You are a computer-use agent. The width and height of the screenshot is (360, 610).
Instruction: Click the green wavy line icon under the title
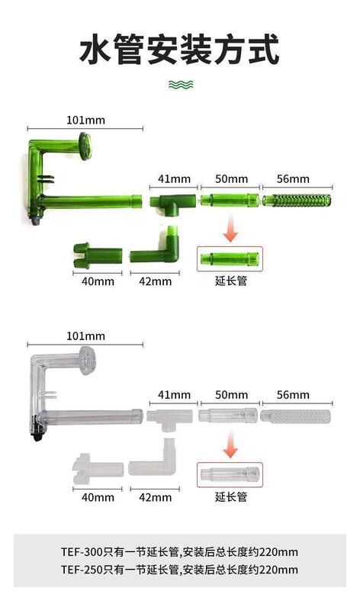[x=181, y=84]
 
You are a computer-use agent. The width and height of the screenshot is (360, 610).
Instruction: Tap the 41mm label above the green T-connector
[x=174, y=179]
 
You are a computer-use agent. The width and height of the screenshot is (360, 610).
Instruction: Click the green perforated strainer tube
[x=297, y=201]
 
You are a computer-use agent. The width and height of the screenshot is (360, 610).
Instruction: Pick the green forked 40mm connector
[x=98, y=255]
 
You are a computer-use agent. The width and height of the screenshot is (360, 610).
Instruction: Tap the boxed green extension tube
[x=230, y=258]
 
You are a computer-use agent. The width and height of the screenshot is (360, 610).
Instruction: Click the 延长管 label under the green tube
[x=231, y=281]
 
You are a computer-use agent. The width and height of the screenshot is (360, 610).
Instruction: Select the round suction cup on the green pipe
[x=85, y=146]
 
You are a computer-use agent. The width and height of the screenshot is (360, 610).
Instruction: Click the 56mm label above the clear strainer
[x=293, y=395]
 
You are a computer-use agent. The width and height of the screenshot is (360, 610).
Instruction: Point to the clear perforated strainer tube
[x=295, y=416]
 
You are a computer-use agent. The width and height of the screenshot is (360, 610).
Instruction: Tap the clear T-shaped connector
[x=170, y=419]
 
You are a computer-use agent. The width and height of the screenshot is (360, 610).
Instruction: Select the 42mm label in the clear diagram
[x=156, y=497]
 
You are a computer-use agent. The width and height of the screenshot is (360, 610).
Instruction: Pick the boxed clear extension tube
[x=230, y=474]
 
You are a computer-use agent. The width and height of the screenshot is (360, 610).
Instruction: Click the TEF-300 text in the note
[x=82, y=552]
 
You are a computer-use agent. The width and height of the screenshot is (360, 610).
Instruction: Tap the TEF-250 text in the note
[x=82, y=570]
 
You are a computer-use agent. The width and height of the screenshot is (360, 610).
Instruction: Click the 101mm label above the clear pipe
[x=85, y=336]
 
